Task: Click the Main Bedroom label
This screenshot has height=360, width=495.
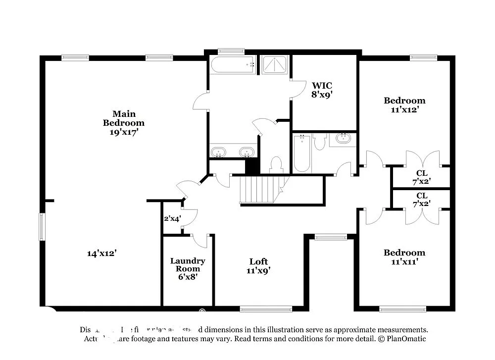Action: click(124, 118)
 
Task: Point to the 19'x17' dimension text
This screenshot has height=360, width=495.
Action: click(124, 132)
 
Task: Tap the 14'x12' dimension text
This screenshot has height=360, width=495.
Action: click(102, 253)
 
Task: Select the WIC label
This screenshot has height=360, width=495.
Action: click(322, 85)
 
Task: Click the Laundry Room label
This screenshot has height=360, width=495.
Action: click(188, 265)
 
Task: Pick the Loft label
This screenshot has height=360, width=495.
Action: click(258, 261)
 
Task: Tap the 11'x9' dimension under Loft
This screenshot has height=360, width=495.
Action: click(258, 271)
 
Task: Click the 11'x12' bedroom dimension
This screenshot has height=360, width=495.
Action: click(404, 110)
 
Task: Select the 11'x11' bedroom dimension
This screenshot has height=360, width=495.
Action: click(404, 262)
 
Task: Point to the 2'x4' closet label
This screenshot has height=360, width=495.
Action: click(172, 218)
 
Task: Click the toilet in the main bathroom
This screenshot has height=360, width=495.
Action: click(276, 164)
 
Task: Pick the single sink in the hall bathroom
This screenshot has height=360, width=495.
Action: click(343, 138)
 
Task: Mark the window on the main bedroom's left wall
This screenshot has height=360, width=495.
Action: click(42, 227)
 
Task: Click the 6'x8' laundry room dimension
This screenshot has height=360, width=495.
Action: click(188, 277)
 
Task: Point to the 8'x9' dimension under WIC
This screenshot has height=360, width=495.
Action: click(322, 95)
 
